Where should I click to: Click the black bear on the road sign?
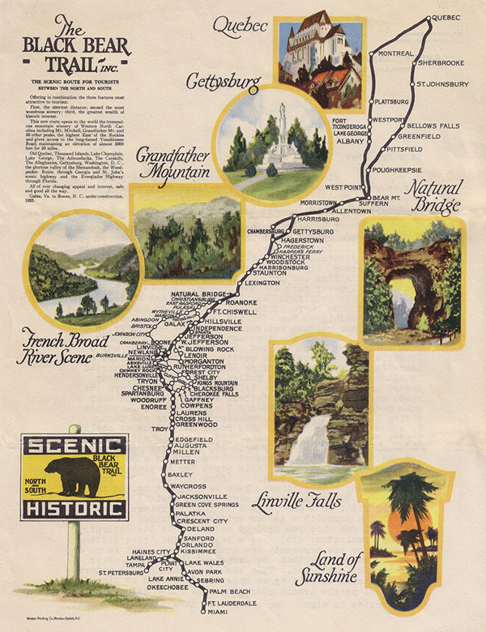tap(70, 478)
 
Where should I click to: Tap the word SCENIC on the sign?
tap(74, 446)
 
